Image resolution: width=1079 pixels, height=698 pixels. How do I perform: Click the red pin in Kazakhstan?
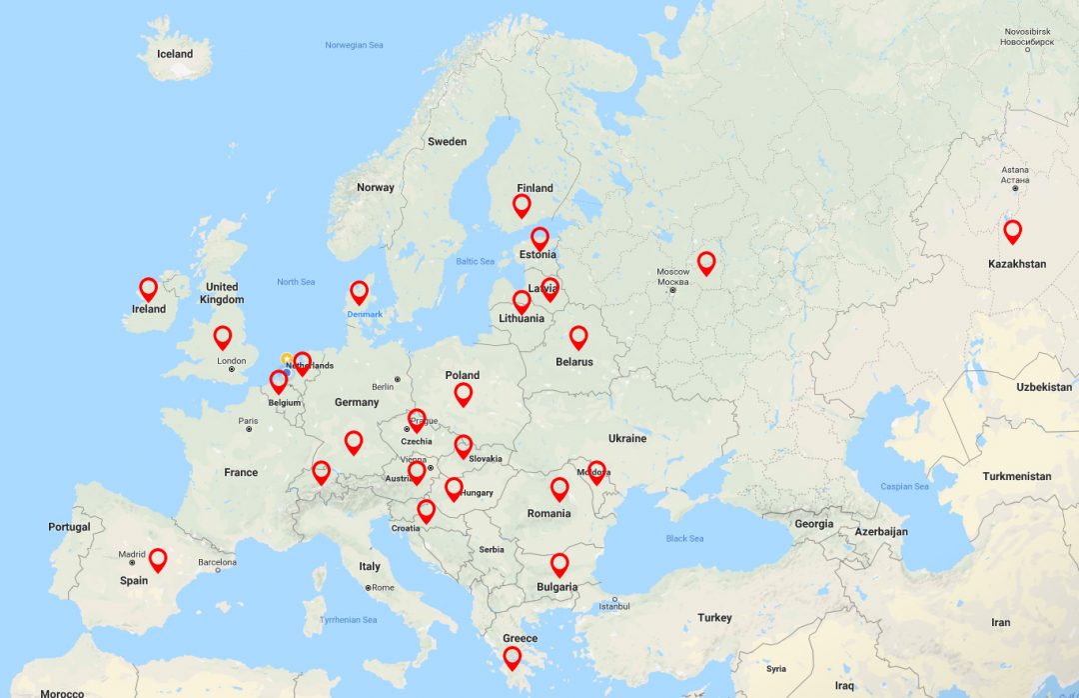(x=1012, y=231)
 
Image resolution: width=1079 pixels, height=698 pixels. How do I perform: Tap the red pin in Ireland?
(x=149, y=289)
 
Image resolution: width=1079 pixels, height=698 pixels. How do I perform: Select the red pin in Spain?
(x=158, y=559)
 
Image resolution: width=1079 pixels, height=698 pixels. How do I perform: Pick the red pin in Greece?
(x=512, y=657)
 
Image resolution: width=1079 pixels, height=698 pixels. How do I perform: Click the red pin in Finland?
(x=522, y=205)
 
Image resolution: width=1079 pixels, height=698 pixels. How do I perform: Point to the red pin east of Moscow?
(x=706, y=263)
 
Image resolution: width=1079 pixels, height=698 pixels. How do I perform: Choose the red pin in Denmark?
(x=359, y=292)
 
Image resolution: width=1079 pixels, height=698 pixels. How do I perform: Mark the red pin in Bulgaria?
(x=559, y=565)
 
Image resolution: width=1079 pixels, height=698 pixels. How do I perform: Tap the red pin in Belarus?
(x=578, y=337)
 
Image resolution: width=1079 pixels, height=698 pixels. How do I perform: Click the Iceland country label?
(x=175, y=54)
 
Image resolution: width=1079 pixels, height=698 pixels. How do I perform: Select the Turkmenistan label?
(x=1017, y=476)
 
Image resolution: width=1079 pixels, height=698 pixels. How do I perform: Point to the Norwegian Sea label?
(x=354, y=45)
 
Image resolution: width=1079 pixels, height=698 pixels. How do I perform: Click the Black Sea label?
(x=684, y=539)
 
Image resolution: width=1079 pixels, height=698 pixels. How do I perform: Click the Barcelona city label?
(x=217, y=562)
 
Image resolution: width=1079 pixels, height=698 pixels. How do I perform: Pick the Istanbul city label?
(x=614, y=606)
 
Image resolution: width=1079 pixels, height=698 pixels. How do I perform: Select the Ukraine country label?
(x=627, y=438)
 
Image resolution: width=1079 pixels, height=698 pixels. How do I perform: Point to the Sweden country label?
(x=447, y=141)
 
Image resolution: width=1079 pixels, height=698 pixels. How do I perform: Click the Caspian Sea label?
(x=904, y=487)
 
